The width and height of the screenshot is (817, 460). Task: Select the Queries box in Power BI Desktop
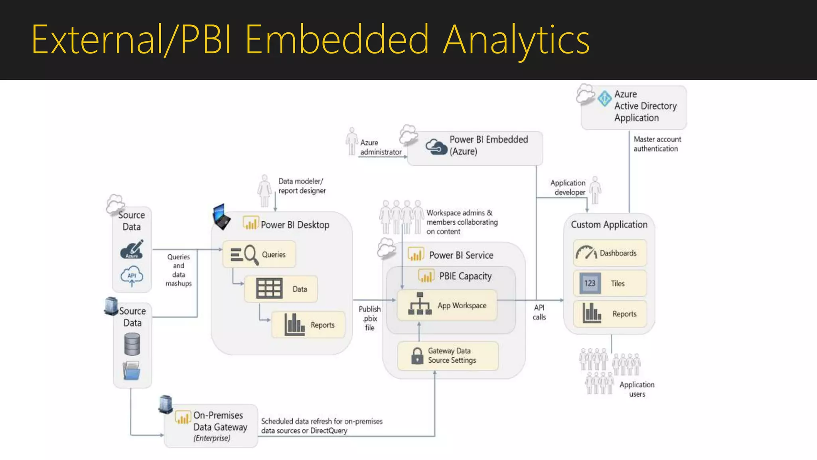(x=259, y=254)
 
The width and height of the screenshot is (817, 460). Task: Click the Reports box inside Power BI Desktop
(x=308, y=325)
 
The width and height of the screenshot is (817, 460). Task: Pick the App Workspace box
(x=447, y=305)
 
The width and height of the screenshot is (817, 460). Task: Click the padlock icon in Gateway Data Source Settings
(x=417, y=355)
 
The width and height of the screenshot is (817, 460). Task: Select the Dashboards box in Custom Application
(x=610, y=253)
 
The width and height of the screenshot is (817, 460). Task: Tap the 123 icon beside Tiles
(x=590, y=283)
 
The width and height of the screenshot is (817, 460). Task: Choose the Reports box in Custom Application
(x=610, y=314)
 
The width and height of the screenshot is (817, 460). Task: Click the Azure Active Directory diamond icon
(x=604, y=98)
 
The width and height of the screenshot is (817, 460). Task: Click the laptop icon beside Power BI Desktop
(x=221, y=217)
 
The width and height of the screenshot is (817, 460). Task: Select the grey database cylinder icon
(x=132, y=344)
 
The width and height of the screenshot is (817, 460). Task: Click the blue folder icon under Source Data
(x=132, y=371)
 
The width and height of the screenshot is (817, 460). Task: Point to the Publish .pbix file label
(x=369, y=318)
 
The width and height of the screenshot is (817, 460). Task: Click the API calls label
(x=539, y=312)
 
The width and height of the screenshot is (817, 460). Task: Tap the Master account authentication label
(x=657, y=144)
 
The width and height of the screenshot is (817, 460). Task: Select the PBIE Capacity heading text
(x=465, y=276)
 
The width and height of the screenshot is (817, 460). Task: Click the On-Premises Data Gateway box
(x=211, y=426)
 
